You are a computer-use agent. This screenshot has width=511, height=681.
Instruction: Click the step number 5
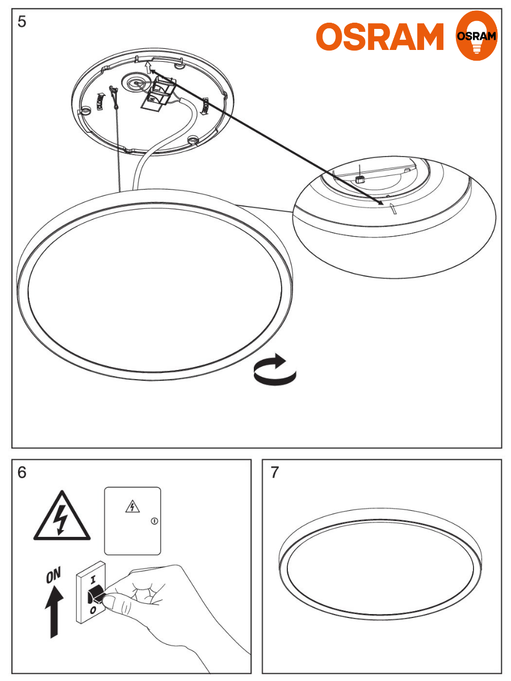tap(22, 22)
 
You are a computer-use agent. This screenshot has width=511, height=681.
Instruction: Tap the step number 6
tap(22, 472)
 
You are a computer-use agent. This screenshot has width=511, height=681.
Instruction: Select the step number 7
tap(275, 472)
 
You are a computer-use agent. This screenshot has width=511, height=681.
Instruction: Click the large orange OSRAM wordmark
tap(380, 36)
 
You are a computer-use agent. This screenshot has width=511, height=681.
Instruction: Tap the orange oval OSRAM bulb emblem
tap(476, 35)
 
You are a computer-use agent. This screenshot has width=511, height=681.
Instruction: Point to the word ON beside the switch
tap(53, 575)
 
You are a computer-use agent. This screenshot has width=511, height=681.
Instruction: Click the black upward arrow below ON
tap(55, 611)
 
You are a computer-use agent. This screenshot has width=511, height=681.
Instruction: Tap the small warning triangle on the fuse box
tap(132, 506)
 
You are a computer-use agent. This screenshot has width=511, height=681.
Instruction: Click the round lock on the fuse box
tap(154, 521)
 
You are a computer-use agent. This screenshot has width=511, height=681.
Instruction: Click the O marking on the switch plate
tap(93, 610)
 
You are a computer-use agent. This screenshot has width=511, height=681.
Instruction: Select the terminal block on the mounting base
tap(159, 92)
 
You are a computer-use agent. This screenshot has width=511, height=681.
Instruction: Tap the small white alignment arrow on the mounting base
tap(149, 67)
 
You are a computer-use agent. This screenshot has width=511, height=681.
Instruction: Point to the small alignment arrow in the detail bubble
tap(393, 208)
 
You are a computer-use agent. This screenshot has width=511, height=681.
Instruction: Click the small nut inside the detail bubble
tap(360, 179)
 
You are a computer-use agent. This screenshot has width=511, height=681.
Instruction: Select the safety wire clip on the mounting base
tap(114, 97)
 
